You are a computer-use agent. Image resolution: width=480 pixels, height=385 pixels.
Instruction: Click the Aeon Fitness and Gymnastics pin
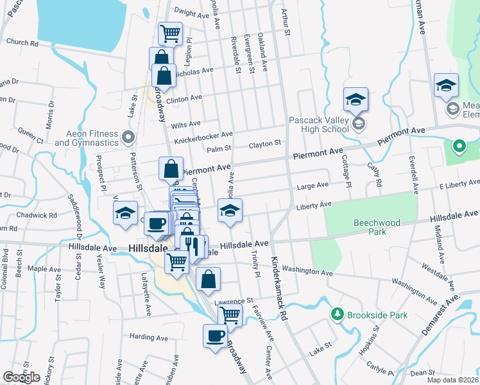[128, 137]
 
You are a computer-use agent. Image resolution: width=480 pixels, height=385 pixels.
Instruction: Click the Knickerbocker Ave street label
[205, 136]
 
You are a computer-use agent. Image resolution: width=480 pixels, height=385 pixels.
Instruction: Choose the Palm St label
[218, 150]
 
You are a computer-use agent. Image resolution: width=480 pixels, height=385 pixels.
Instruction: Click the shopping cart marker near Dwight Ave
[170, 33]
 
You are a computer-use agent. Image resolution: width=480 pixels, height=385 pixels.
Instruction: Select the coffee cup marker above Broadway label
[215, 335]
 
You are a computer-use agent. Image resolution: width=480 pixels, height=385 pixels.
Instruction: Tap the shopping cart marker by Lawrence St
[229, 315]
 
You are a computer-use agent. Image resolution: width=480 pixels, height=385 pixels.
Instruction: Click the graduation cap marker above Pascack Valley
[355, 99]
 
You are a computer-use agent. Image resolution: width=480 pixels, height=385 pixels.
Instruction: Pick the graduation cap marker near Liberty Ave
[229, 210]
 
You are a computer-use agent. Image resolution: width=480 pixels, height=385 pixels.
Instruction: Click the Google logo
[21, 377]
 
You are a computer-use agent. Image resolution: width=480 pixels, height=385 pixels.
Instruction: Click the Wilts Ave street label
[186, 124]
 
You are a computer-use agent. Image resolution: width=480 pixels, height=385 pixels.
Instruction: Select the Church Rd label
[22, 43]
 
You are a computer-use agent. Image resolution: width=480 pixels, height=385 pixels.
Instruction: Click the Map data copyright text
[452, 380]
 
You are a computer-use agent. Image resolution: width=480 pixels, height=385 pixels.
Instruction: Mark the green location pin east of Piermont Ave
[459, 147]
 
